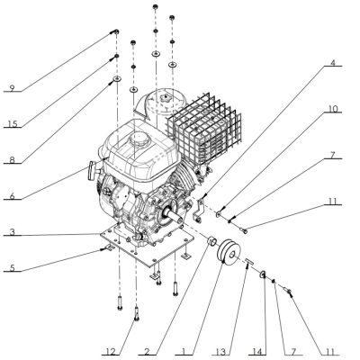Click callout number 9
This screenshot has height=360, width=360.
click(11, 88)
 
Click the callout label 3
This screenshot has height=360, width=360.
click(11, 232)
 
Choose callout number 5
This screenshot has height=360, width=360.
click(11, 267)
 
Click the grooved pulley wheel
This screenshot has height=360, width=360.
click(231, 255)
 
